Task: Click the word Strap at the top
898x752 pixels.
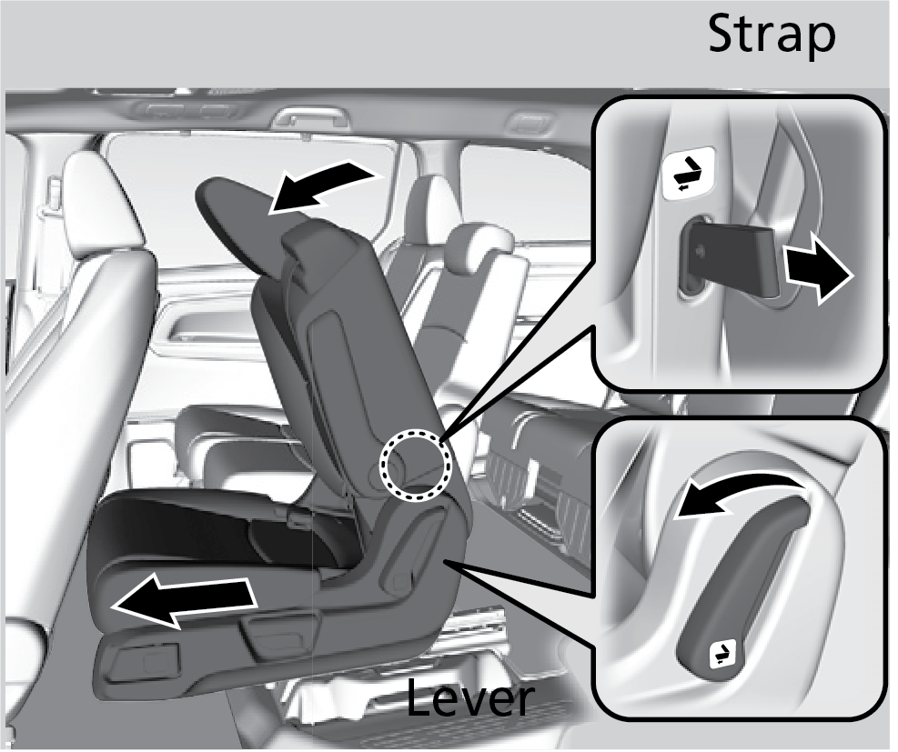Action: [772, 35]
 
